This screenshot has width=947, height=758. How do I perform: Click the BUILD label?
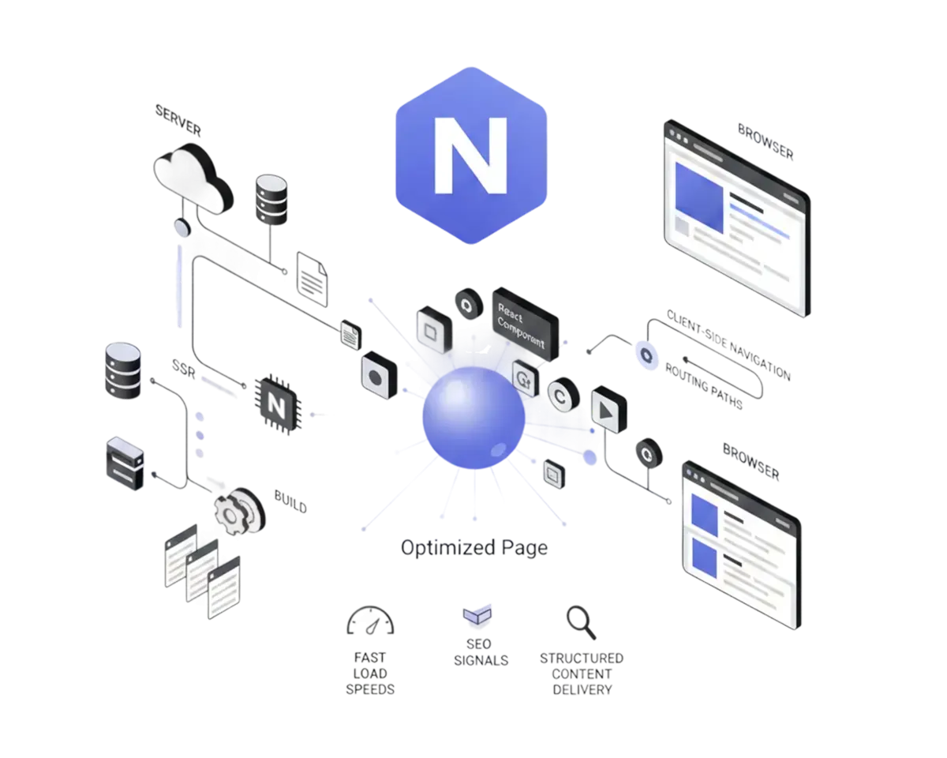[x=290, y=500]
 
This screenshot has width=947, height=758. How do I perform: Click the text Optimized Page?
[x=473, y=547]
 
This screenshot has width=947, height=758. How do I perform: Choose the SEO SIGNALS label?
[x=480, y=652]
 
